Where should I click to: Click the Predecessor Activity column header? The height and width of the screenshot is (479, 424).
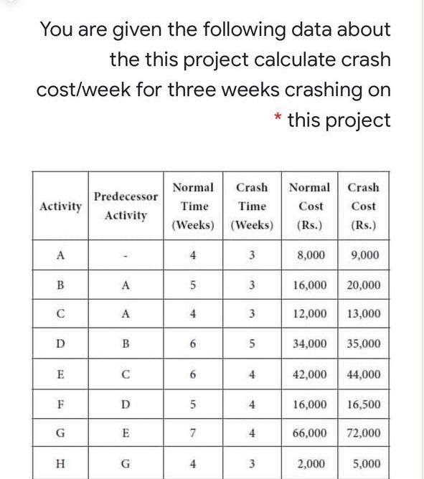click(x=126, y=206)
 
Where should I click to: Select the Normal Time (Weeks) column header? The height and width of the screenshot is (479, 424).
click(x=194, y=206)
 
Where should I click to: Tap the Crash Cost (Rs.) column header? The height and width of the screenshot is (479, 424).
click(x=363, y=206)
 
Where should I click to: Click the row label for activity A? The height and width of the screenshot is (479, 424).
click(x=60, y=255)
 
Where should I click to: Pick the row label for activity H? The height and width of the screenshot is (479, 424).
click(x=60, y=463)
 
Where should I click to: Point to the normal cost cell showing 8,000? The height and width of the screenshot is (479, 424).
click(x=310, y=255)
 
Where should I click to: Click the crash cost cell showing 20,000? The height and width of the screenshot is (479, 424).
click(x=363, y=285)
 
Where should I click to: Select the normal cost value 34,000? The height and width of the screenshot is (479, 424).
click(x=310, y=343)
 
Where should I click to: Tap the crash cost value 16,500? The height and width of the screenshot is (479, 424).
click(x=363, y=404)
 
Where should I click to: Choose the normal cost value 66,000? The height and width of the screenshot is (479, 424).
click(x=310, y=433)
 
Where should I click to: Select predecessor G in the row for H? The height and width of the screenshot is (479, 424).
click(x=126, y=463)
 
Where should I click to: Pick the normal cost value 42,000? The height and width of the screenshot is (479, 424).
click(x=310, y=374)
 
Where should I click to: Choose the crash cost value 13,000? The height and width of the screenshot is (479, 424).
click(x=363, y=314)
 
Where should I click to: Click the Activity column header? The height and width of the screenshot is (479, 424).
click(x=60, y=206)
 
